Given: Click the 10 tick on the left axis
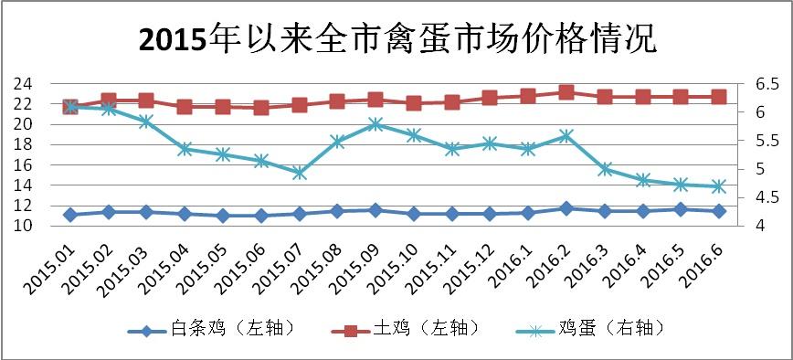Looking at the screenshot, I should tap(23, 226).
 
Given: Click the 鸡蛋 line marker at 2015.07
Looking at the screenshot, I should tap(299, 173).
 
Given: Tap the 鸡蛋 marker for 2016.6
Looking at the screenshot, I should tap(719, 186).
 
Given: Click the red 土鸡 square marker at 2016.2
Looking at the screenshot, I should tap(566, 92).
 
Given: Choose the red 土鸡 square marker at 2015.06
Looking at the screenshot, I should tap(261, 108).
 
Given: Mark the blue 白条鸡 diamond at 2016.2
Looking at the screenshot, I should tap(566, 208).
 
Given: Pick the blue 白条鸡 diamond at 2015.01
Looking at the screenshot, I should tap(69, 215).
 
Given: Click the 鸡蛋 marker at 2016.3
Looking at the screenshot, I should tap(604, 169).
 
